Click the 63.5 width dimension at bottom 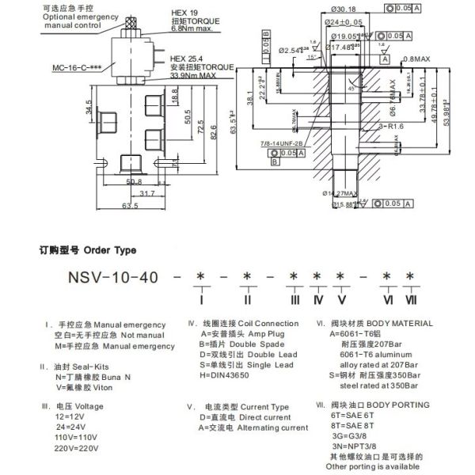coord(131,206)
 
